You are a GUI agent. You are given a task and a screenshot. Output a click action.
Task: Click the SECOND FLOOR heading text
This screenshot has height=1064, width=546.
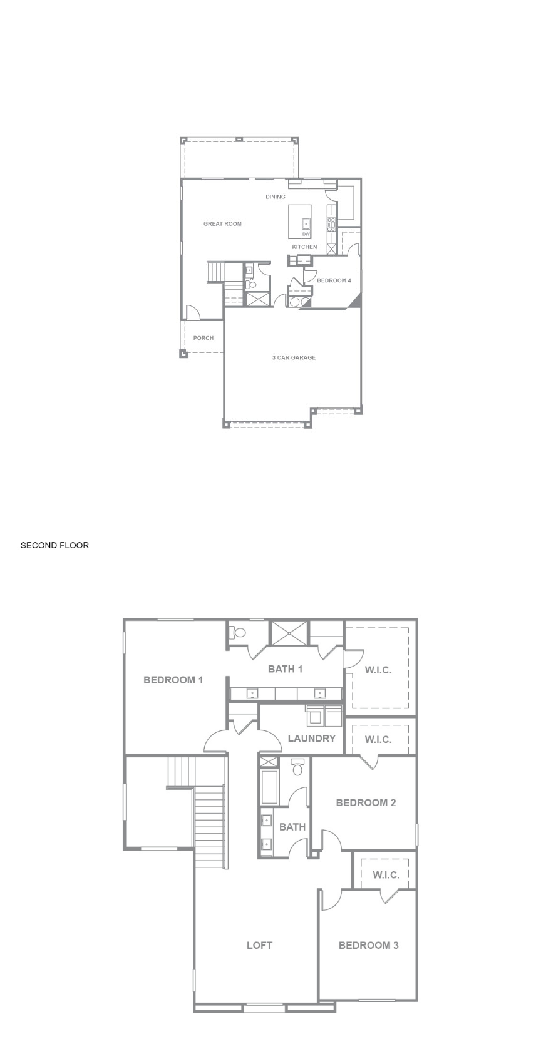[54, 545]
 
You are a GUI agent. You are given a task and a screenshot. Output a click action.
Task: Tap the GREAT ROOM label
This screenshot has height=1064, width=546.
[222, 223]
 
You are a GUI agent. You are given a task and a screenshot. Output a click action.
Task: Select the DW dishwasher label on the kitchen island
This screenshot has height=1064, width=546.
[306, 234]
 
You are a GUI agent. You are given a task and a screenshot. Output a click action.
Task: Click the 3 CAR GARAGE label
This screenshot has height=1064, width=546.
[294, 357]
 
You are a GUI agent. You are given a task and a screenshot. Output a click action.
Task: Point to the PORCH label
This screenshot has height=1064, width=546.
[203, 338]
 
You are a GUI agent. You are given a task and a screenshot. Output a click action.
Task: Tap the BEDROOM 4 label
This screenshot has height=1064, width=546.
[334, 280]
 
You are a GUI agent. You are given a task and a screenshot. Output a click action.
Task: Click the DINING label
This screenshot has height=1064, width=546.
[276, 197]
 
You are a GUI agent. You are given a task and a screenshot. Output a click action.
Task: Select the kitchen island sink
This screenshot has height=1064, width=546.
[307, 223]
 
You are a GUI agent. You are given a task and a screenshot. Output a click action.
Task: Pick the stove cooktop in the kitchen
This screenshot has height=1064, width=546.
[331, 223]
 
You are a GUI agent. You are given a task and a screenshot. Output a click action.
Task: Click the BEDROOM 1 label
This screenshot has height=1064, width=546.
[173, 680]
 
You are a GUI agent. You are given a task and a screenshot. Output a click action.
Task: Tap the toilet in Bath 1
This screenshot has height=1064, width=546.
[237, 633]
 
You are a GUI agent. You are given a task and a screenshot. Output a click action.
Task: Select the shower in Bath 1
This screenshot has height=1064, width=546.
[289, 633]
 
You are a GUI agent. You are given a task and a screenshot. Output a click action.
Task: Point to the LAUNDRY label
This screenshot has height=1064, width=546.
[312, 738]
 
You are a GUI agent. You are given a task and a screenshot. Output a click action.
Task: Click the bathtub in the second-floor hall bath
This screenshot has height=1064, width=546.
[270, 787]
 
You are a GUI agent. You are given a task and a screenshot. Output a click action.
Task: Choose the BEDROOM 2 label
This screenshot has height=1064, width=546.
[366, 803]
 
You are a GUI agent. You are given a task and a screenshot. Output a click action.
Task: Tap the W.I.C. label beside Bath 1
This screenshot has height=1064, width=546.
[378, 670]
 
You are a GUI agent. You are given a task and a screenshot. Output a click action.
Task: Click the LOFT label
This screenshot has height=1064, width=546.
[259, 945]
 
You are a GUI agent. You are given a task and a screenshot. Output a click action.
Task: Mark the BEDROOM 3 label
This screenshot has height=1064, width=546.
[369, 945]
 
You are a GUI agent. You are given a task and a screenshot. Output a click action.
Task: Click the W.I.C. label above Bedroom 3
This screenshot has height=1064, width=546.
[386, 875]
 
